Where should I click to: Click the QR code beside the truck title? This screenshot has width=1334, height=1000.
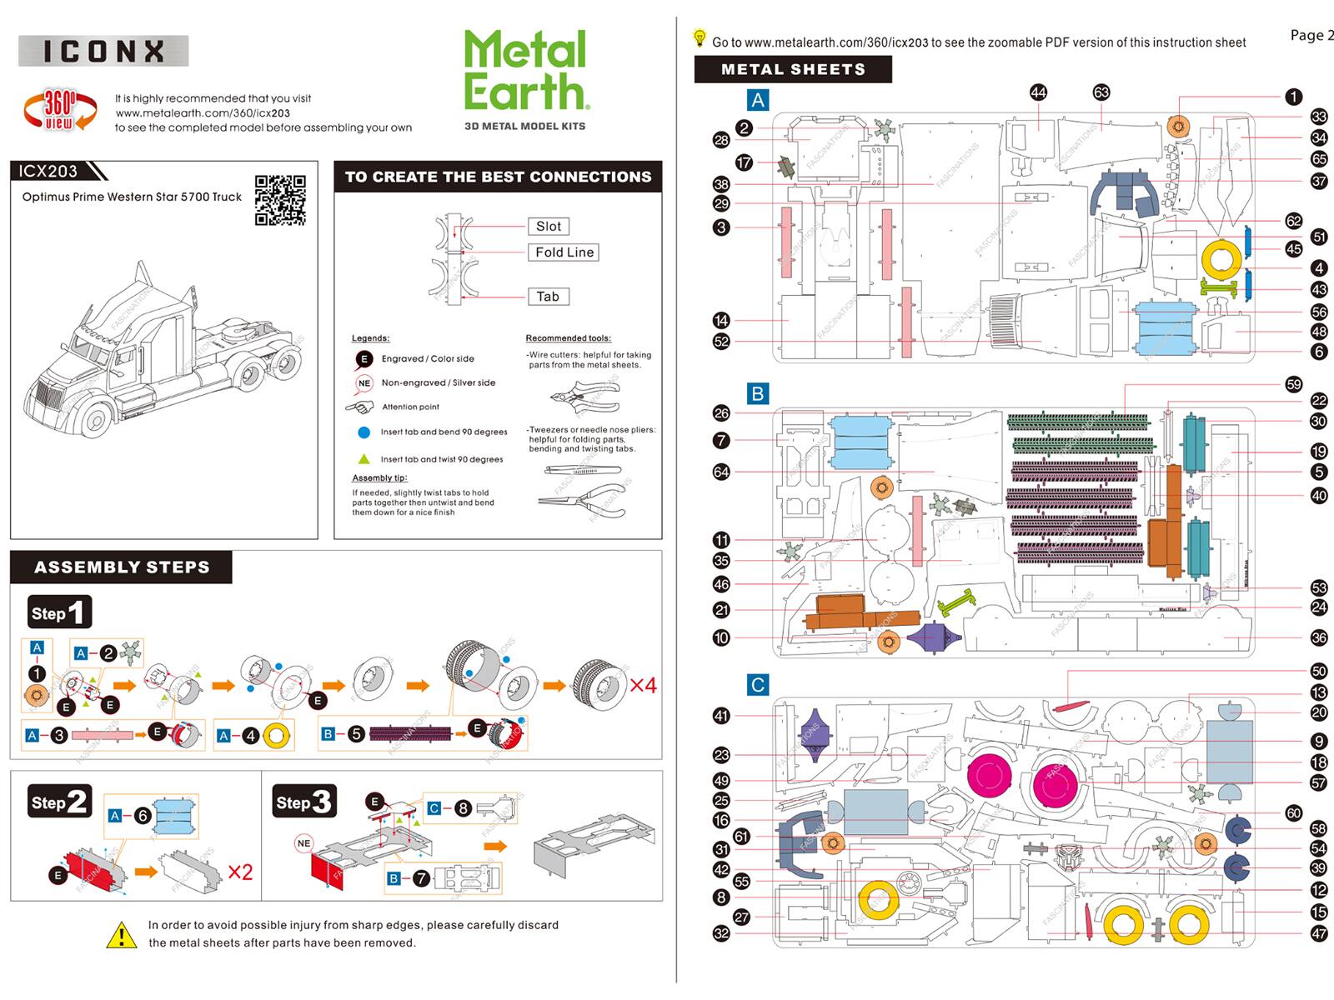280,200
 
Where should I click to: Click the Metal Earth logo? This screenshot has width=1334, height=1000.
526,72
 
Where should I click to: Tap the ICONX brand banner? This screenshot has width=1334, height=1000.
103,51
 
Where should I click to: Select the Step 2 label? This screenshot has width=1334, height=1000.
58,802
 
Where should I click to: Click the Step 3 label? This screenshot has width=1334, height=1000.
304,802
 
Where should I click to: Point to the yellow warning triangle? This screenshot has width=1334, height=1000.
122,935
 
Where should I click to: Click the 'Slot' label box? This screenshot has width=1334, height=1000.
549,226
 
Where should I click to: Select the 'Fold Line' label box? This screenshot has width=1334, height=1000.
564,252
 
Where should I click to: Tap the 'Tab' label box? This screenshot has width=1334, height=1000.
548,297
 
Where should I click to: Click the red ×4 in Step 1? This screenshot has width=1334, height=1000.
643,686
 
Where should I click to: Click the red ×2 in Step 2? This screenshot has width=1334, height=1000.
240,872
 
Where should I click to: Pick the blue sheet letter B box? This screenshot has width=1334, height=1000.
757,393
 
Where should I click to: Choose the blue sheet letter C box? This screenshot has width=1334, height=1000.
757,685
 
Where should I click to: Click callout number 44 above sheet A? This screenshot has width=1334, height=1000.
1038,92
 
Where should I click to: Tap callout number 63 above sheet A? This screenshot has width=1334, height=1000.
1101,92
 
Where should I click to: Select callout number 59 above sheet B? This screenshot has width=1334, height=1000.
1293,384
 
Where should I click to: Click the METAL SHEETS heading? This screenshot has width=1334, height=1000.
793,69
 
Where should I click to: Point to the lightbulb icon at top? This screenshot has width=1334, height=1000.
700,38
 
